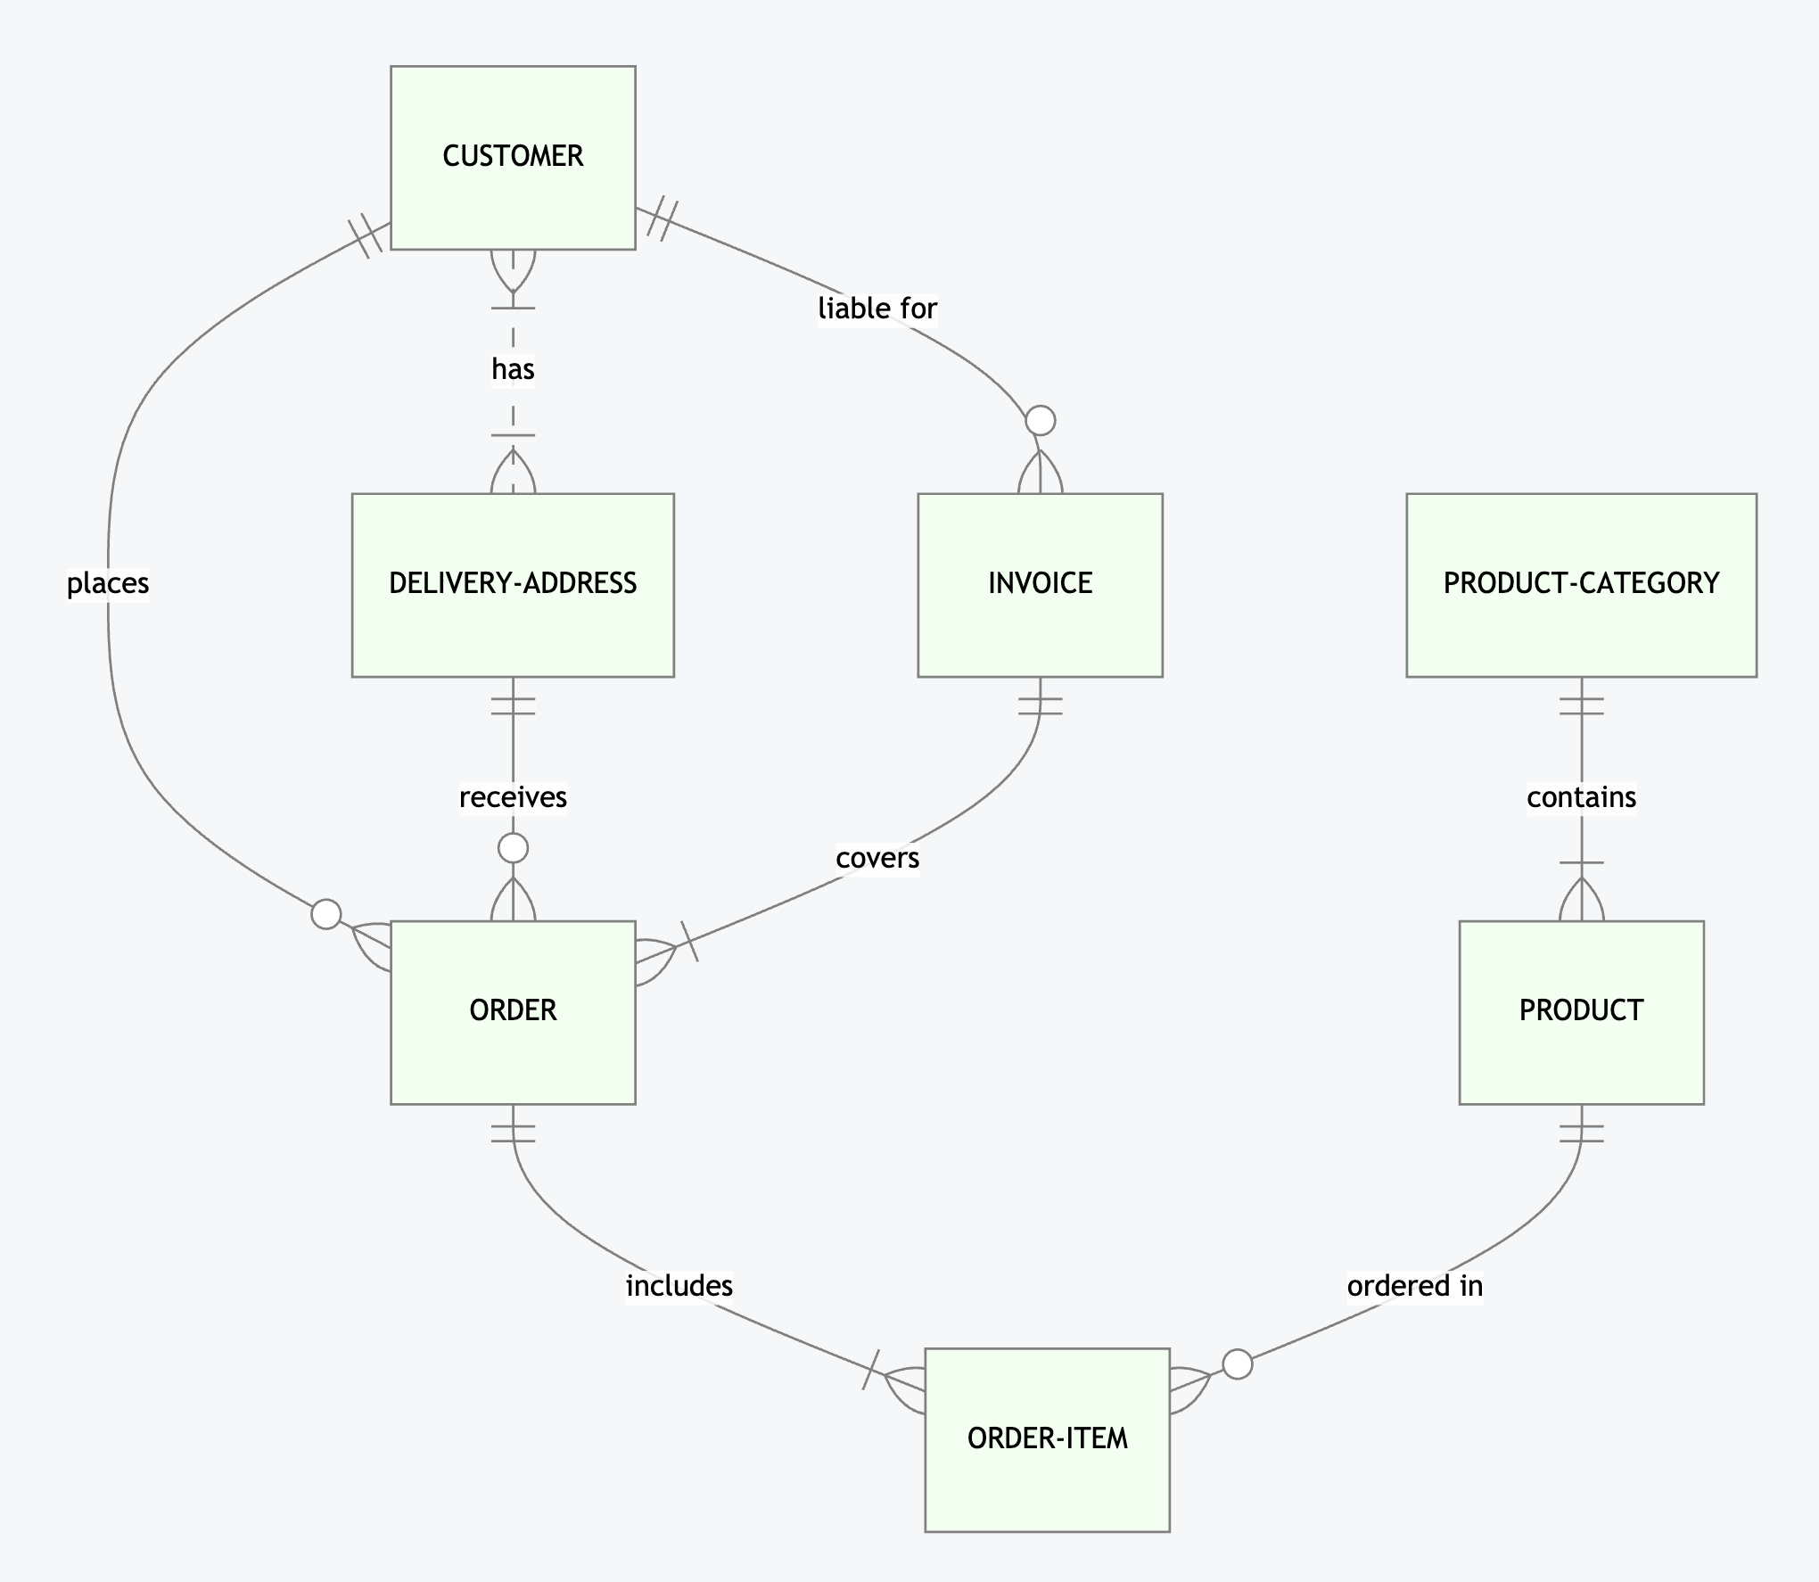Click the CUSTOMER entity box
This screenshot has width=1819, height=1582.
[x=513, y=157]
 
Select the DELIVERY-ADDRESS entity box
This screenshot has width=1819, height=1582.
[x=513, y=584]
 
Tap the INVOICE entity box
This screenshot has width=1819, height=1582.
[x=1040, y=584]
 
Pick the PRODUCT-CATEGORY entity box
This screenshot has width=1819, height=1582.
[x=1581, y=584]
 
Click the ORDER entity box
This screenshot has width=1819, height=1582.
[x=513, y=1011]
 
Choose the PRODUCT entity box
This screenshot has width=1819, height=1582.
[x=1581, y=1011]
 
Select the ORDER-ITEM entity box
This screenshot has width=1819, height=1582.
[x=1047, y=1438]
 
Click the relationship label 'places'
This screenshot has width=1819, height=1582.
[x=108, y=584]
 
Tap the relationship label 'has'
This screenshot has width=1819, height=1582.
[x=513, y=369]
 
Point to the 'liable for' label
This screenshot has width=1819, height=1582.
[x=877, y=309]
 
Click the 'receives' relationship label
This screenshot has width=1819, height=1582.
[x=513, y=797]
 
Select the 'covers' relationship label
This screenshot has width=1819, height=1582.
[x=877, y=858]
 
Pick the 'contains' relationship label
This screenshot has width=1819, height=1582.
[x=1581, y=797]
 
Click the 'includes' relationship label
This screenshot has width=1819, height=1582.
[x=679, y=1286]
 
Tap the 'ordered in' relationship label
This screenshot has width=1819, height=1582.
[x=1414, y=1286]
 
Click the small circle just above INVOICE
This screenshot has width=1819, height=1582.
[x=1040, y=420]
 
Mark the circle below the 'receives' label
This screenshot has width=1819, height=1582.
[x=513, y=848]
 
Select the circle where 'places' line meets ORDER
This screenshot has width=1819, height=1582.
[x=326, y=914]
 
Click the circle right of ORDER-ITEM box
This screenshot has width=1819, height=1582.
[x=1237, y=1364]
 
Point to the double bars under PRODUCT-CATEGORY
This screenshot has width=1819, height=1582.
[x=1581, y=706]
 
